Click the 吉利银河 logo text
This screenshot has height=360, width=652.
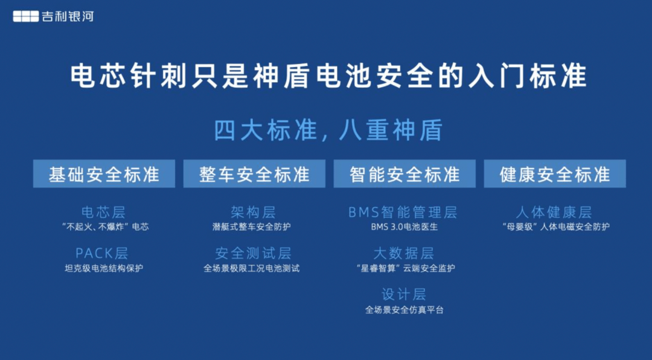[68, 16]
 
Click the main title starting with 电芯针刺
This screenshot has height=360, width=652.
[328, 76]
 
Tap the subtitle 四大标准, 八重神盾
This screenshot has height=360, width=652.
[328, 130]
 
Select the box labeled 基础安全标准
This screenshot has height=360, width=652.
[104, 173]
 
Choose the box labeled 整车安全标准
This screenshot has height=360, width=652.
[255, 173]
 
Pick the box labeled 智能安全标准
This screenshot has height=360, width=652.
[404, 173]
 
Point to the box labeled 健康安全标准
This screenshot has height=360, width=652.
[555, 173]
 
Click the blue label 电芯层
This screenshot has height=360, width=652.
[104, 212]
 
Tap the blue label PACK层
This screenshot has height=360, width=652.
[102, 253]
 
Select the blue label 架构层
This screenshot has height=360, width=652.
[253, 212]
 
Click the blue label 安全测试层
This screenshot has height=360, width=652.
[253, 253]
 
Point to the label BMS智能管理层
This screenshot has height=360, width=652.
[403, 212]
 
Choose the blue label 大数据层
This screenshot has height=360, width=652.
[404, 253]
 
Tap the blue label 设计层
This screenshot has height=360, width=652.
[404, 294]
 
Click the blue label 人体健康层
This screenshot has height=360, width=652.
[554, 212]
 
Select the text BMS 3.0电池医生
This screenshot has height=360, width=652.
[404, 227]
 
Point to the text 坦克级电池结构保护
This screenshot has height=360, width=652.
[104, 268]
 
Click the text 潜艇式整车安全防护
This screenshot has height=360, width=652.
[252, 227]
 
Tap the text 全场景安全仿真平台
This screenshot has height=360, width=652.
[404, 310]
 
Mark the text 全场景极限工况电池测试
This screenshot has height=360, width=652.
[252, 268]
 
